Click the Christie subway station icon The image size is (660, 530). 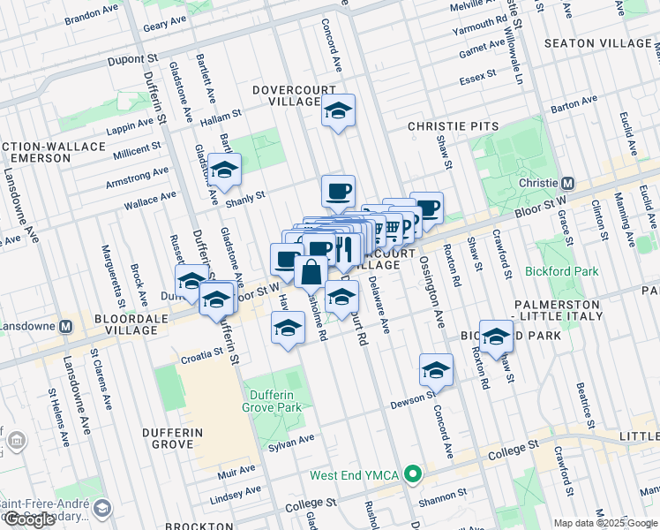click(x=568, y=183)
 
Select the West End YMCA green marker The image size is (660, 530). click(x=411, y=475)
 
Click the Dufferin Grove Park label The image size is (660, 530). click(x=273, y=399)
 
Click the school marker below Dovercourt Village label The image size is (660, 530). click(x=337, y=111)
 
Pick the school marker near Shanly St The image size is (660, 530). click(x=225, y=170)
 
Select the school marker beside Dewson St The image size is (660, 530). click(x=435, y=371)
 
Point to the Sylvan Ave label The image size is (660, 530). click(x=291, y=441)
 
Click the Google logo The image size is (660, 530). click(x=30, y=519)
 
